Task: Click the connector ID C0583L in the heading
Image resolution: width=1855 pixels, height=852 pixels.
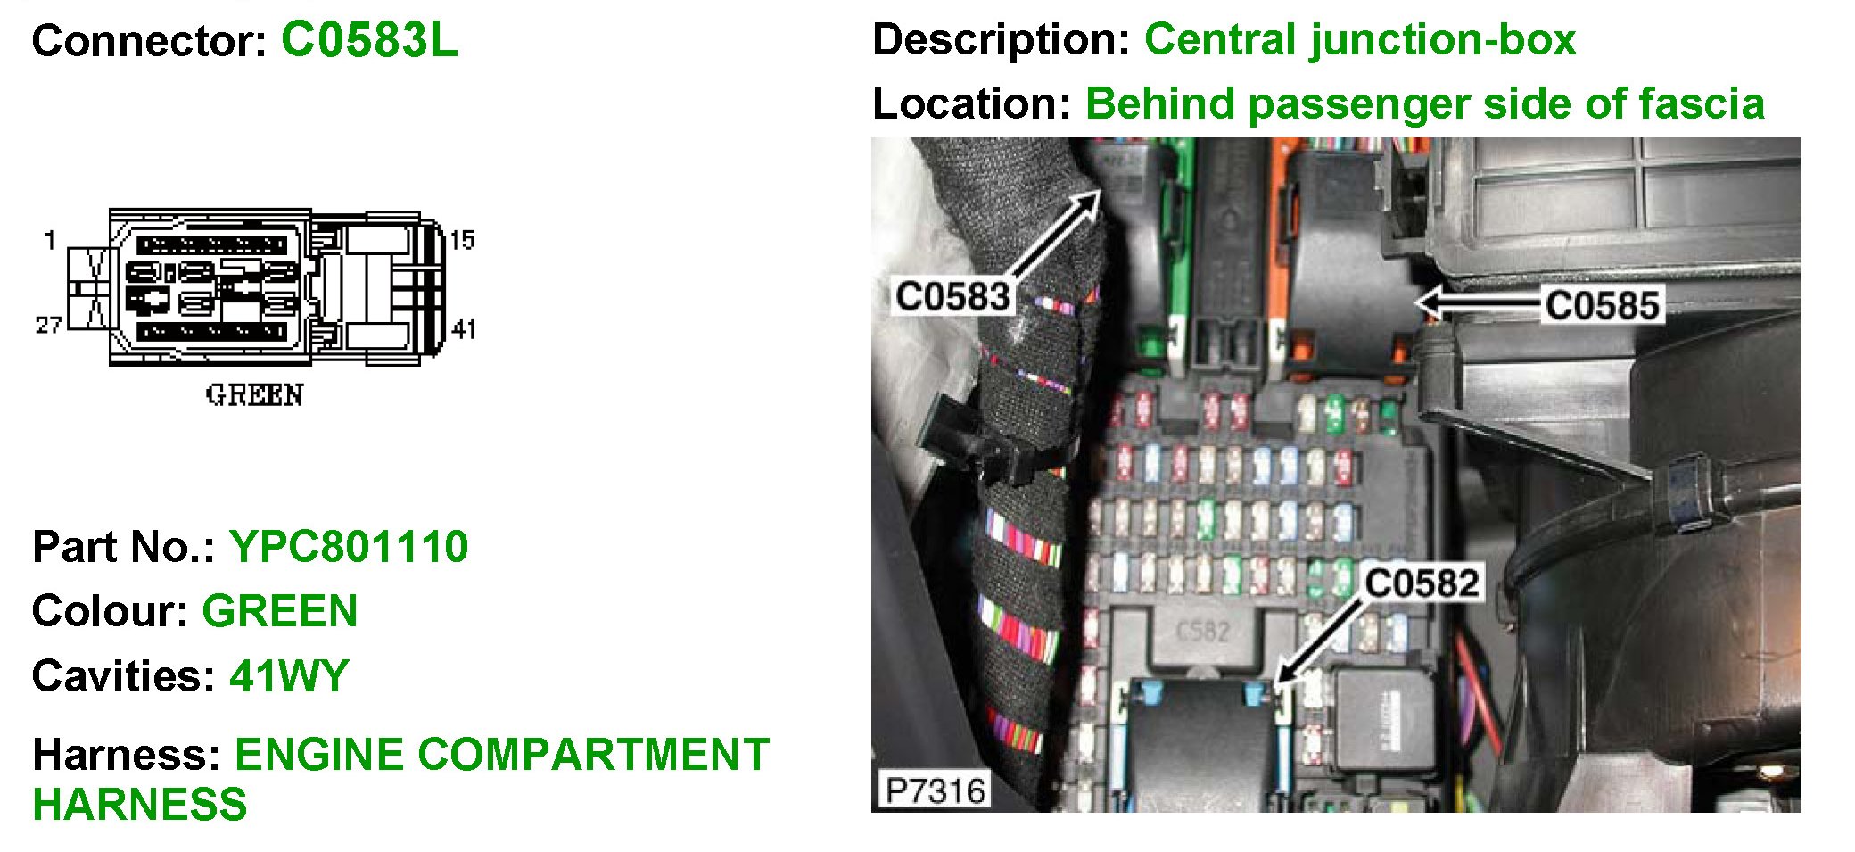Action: click(x=369, y=40)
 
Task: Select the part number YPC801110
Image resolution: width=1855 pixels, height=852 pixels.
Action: click(x=349, y=546)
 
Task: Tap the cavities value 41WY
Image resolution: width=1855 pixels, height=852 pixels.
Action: click(x=289, y=675)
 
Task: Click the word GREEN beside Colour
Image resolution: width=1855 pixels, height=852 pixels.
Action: click(x=280, y=611)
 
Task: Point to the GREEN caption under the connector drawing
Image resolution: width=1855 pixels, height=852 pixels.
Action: click(x=254, y=394)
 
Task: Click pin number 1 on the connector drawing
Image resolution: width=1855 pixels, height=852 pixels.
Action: click(x=50, y=239)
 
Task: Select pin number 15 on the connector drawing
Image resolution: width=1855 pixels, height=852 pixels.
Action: click(x=462, y=239)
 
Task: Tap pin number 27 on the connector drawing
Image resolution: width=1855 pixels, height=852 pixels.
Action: click(x=48, y=325)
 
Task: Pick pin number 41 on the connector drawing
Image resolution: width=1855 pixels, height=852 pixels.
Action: click(x=463, y=329)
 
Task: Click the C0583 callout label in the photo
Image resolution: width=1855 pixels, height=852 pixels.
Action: click(x=952, y=296)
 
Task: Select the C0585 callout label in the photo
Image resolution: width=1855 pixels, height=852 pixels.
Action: click(x=1602, y=305)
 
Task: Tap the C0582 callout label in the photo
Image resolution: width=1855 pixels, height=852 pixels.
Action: click(x=1422, y=583)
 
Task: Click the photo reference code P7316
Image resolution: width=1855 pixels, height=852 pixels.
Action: click(x=935, y=790)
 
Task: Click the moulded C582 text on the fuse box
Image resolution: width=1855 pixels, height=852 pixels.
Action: click(x=1203, y=632)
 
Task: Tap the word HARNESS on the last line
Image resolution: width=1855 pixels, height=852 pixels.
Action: click(x=140, y=804)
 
